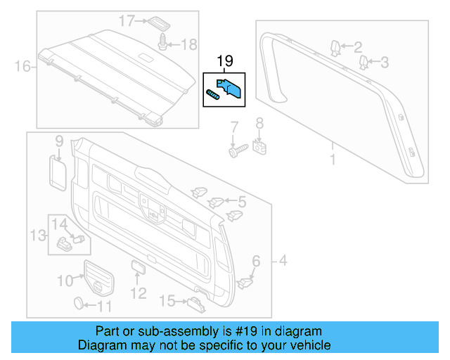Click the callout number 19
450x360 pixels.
224,63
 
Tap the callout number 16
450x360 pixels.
22,67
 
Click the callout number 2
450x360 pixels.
358,48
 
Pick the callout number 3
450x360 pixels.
385,63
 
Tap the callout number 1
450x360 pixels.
333,159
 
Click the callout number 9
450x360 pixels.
59,141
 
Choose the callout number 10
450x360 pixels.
65,281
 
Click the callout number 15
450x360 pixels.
167,302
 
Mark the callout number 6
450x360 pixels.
256,262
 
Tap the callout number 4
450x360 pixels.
283,263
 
